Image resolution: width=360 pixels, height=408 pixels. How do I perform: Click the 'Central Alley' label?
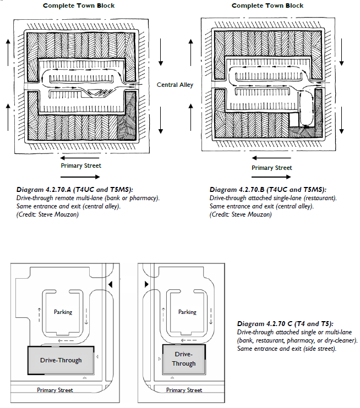[x=175, y=85]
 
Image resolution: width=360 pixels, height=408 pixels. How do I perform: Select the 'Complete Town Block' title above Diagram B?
[x=268, y=5]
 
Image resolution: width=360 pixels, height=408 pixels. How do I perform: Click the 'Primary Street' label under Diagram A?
[x=81, y=166]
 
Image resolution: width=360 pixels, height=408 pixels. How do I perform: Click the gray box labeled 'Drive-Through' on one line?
[x=61, y=360]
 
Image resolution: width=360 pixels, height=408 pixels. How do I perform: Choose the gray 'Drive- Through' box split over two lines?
[x=184, y=359]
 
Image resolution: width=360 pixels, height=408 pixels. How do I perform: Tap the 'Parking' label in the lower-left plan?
[x=63, y=312]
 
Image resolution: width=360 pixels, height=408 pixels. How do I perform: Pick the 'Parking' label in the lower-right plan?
[x=187, y=312]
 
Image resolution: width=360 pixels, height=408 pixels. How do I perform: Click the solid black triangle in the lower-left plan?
[x=111, y=284]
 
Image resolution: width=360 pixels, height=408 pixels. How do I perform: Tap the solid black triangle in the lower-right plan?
[x=146, y=284]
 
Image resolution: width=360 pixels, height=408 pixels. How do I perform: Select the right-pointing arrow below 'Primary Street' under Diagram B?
[x=271, y=178]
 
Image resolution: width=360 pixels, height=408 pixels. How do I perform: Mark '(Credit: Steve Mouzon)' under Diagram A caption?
[x=47, y=213]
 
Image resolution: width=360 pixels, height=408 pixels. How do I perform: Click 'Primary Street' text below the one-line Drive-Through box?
[x=54, y=390]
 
